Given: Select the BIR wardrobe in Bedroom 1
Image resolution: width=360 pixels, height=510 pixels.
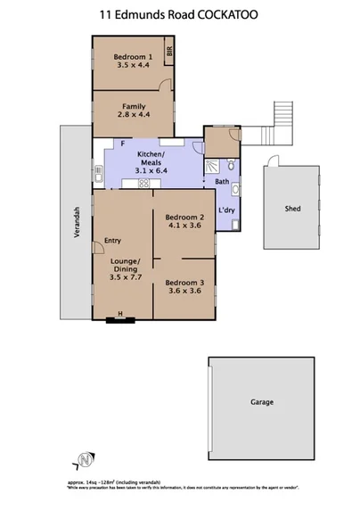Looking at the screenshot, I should coord(168,51).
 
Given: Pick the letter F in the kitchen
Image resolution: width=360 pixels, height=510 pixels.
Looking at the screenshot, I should coord(121,144).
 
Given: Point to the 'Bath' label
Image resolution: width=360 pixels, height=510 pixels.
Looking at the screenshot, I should coord(222,183).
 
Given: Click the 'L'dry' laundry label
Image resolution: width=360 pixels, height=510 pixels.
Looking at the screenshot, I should coord(225,211).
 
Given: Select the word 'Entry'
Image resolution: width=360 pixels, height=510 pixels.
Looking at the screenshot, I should coord(112,240).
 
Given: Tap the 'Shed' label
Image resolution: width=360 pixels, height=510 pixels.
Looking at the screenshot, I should coord(291,209).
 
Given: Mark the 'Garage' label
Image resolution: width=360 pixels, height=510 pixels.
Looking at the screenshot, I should coord(261,402).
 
